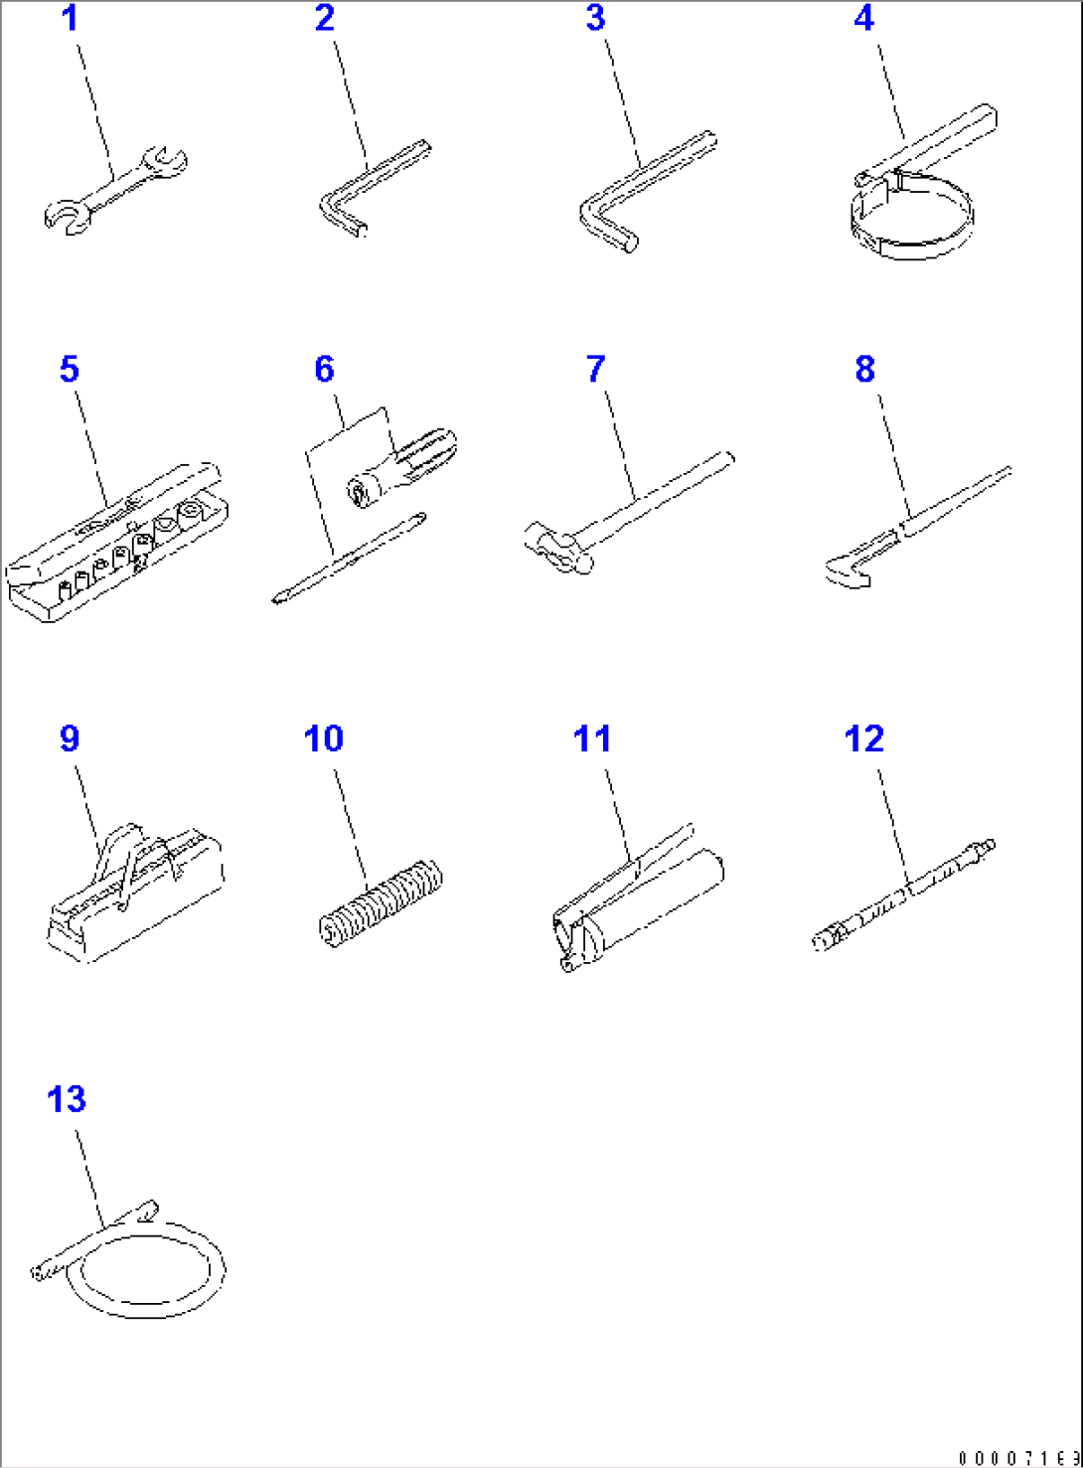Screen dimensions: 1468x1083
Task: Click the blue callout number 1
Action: (x=70, y=19)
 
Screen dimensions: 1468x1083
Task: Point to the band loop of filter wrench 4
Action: (x=912, y=224)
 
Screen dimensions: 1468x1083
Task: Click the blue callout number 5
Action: (x=69, y=370)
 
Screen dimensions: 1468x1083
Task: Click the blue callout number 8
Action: (x=864, y=370)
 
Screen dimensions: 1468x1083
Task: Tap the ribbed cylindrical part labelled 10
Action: (x=381, y=902)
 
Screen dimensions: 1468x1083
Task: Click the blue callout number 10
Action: (x=323, y=739)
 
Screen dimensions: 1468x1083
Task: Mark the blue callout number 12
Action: (x=863, y=739)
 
